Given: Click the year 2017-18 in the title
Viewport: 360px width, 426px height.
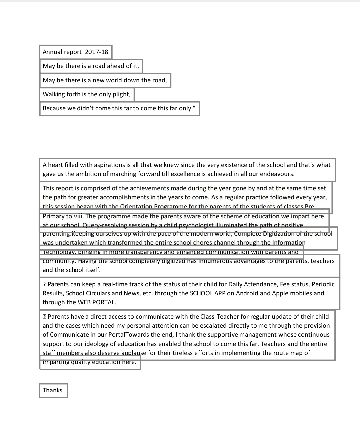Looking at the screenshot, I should click(x=97, y=52).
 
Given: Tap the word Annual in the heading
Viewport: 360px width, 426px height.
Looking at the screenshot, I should click(x=53, y=52).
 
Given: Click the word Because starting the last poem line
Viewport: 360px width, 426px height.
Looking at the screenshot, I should click(x=55, y=108).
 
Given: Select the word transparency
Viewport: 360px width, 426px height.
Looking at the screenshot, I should click(x=145, y=252).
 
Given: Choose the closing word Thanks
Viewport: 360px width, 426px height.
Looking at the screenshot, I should click(x=53, y=390).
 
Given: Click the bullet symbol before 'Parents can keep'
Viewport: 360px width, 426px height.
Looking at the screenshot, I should click(x=45, y=284).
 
